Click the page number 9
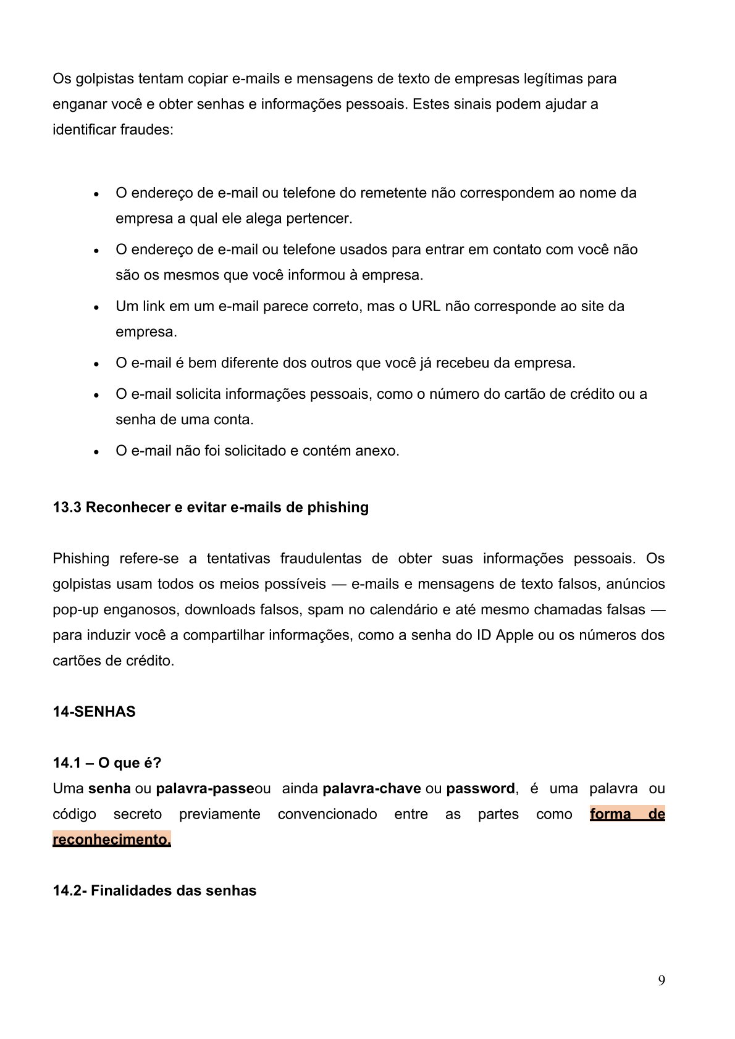point(661,981)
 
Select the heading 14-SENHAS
point(94,712)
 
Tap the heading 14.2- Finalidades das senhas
point(154,891)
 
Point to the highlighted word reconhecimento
point(111,840)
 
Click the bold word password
point(480,788)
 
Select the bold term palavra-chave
point(372,788)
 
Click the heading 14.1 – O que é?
point(107,763)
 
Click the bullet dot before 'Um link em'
point(96,307)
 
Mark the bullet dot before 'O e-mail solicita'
point(96,395)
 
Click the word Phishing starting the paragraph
point(81,559)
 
